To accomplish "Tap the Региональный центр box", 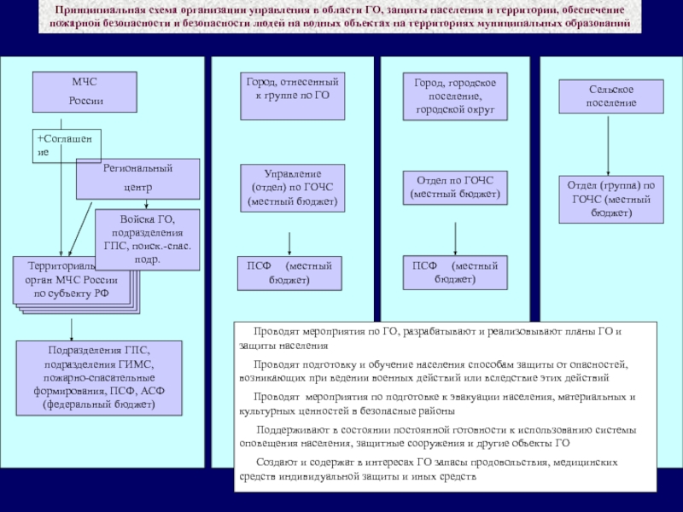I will pos(137,177).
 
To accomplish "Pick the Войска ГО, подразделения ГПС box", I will pos(147,240).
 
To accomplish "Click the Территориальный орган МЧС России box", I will pos(73,279).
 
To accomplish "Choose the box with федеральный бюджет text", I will pos(99,377).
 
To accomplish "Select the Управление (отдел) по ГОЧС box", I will pos(293,189).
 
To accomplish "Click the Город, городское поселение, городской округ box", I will pos(455,95).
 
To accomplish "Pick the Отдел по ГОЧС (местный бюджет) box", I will pos(455,187).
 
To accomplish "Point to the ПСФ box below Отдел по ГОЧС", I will pos(455,272).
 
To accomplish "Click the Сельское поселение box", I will pos(610,96).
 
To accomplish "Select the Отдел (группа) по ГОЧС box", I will pos(610,199).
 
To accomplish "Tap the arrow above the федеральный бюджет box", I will pos(71,329).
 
